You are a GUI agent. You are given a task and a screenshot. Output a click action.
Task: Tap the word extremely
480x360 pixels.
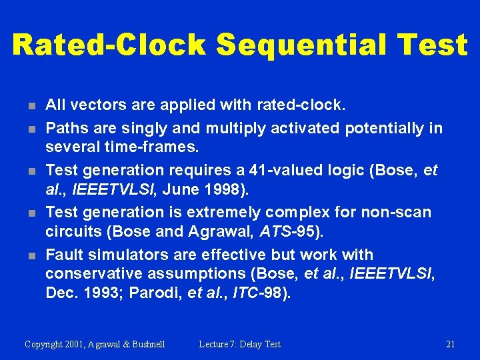225,212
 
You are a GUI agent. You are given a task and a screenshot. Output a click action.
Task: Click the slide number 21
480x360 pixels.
450,344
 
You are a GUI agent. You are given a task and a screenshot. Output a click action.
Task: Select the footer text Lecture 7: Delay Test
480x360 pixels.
239,344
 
